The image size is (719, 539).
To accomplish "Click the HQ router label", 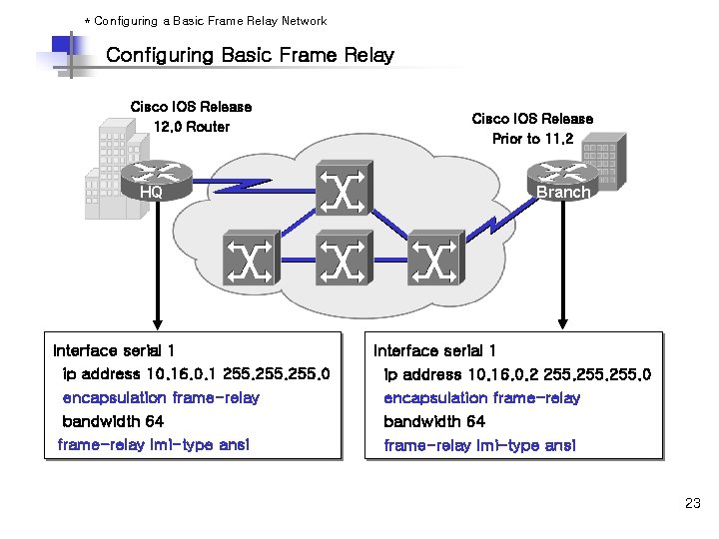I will [x=151, y=193].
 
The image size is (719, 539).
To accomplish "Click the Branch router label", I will [x=562, y=192].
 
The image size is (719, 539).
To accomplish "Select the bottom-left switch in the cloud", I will [x=250, y=262].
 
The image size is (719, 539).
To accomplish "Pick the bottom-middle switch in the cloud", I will [x=343, y=262].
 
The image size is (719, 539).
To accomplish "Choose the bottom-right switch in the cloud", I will [x=434, y=262].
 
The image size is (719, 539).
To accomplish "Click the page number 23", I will [x=692, y=503].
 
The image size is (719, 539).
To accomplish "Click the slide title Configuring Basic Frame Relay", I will [x=250, y=56].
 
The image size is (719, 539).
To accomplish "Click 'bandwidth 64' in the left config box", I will [x=113, y=421].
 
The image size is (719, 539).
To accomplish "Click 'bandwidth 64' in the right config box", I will [x=434, y=421].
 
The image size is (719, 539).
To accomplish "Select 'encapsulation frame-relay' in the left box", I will [x=160, y=397].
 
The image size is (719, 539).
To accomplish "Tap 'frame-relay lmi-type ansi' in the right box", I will [x=479, y=445].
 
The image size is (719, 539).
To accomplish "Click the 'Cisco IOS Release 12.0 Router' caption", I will [x=191, y=116].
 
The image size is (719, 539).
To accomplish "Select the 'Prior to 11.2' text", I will [x=532, y=139].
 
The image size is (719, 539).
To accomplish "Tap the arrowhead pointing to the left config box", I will [x=154, y=322].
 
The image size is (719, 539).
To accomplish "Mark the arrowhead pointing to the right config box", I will [x=563, y=322].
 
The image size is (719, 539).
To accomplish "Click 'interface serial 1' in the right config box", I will [x=434, y=350].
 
